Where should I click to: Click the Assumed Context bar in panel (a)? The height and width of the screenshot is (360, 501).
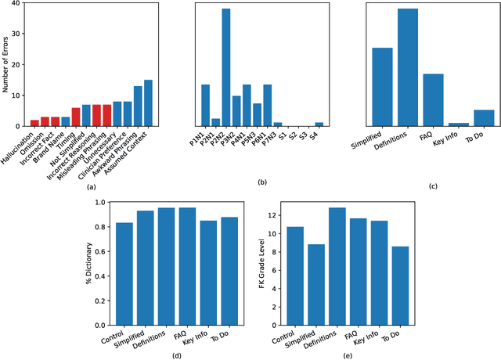pyautogui.click(x=149, y=103)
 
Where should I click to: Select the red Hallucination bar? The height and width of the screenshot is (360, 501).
pyautogui.click(x=34, y=123)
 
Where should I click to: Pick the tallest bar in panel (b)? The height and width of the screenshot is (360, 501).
pyautogui.click(x=225, y=67)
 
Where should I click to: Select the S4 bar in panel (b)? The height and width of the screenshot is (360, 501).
pyautogui.click(x=319, y=124)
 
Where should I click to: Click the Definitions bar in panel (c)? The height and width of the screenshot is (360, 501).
pyautogui.click(x=408, y=67)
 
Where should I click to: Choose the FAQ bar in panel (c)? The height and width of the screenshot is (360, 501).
pyautogui.click(x=434, y=99)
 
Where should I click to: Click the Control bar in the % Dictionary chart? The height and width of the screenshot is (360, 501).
pyautogui.click(x=124, y=274)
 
